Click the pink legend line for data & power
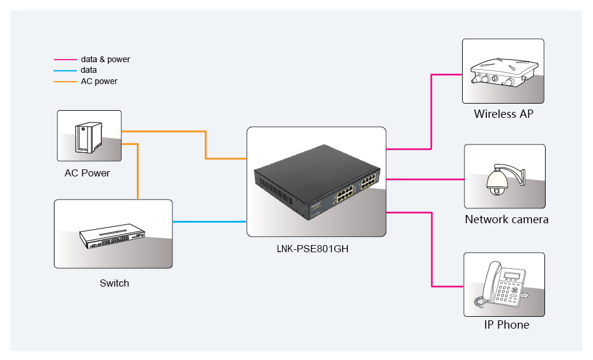pos(65,60)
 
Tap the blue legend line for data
pos(65,70)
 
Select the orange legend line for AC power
pos(65,82)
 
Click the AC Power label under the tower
pos(87,173)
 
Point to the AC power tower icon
pos(88,137)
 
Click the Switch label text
pos(114,283)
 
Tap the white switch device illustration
pos(112,236)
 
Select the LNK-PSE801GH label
pos(312,249)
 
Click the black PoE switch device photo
pos(317,182)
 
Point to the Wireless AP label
pos(504,114)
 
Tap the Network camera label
pos(507,219)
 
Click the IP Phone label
pos(507,324)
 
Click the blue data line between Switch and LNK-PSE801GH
pos(210,221)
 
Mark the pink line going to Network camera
pos(425,179)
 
